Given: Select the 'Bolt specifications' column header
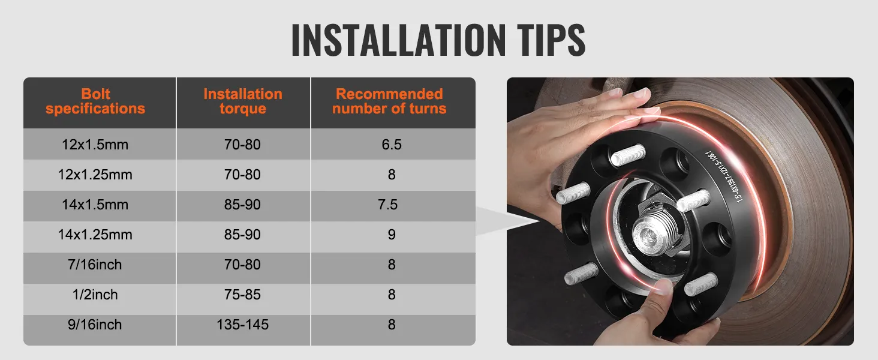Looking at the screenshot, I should [x=95, y=101].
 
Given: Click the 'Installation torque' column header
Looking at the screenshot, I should [x=242, y=101].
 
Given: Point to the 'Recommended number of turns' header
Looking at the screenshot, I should [x=390, y=101].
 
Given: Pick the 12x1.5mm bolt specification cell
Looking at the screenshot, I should [x=95, y=145].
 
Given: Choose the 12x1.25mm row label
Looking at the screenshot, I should [x=95, y=175].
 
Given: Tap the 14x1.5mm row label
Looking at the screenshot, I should [x=95, y=205].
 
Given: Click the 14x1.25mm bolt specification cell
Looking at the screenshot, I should [x=95, y=235].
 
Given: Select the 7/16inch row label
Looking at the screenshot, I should [x=95, y=265].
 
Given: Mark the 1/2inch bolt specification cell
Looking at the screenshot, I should [x=95, y=295].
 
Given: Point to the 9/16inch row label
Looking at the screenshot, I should [x=95, y=325].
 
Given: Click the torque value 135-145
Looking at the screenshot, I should [x=242, y=325].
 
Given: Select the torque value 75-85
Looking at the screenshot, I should [x=242, y=295].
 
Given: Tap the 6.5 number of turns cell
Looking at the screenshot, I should [x=392, y=145].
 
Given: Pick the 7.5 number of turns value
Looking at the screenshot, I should [x=388, y=205].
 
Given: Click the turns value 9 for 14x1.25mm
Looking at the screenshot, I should [x=392, y=235].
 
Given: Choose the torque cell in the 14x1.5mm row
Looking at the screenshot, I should [x=242, y=205].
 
